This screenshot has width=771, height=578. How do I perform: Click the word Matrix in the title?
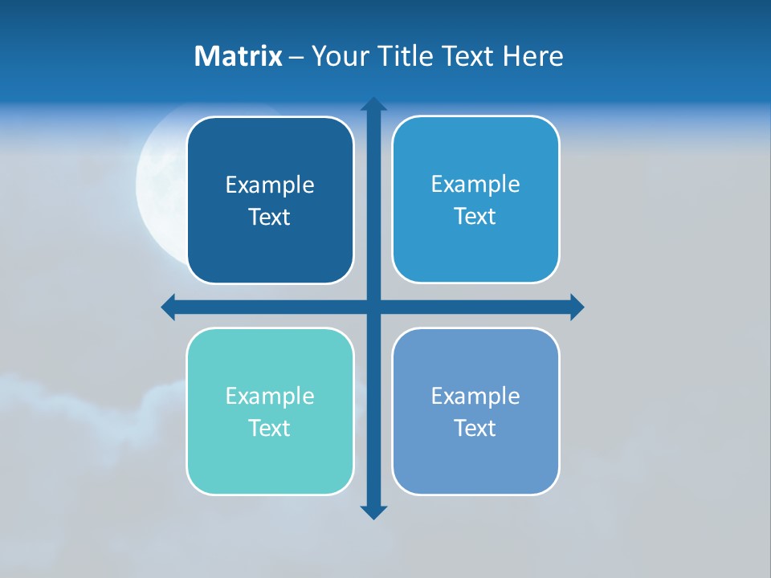(x=238, y=56)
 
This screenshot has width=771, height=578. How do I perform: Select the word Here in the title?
(x=533, y=56)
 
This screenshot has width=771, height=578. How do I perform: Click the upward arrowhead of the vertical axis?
(x=373, y=104)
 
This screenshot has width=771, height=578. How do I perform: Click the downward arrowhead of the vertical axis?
(x=373, y=511)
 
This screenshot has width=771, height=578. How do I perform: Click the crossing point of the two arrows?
(x=373, y=307)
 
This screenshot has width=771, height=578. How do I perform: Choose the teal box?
(x=270, y=458)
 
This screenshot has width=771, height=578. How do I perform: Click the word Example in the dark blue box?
(x=270, y=185)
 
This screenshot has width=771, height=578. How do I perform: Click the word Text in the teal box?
(x=270, y=428)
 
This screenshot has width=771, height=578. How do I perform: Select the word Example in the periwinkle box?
(x=475, y=396)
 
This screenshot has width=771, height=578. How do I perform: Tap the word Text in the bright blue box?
(x=475, y=216)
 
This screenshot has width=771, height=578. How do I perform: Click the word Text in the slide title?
(x=467, y=56)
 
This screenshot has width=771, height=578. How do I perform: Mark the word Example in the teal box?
(x=270, y=396)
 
